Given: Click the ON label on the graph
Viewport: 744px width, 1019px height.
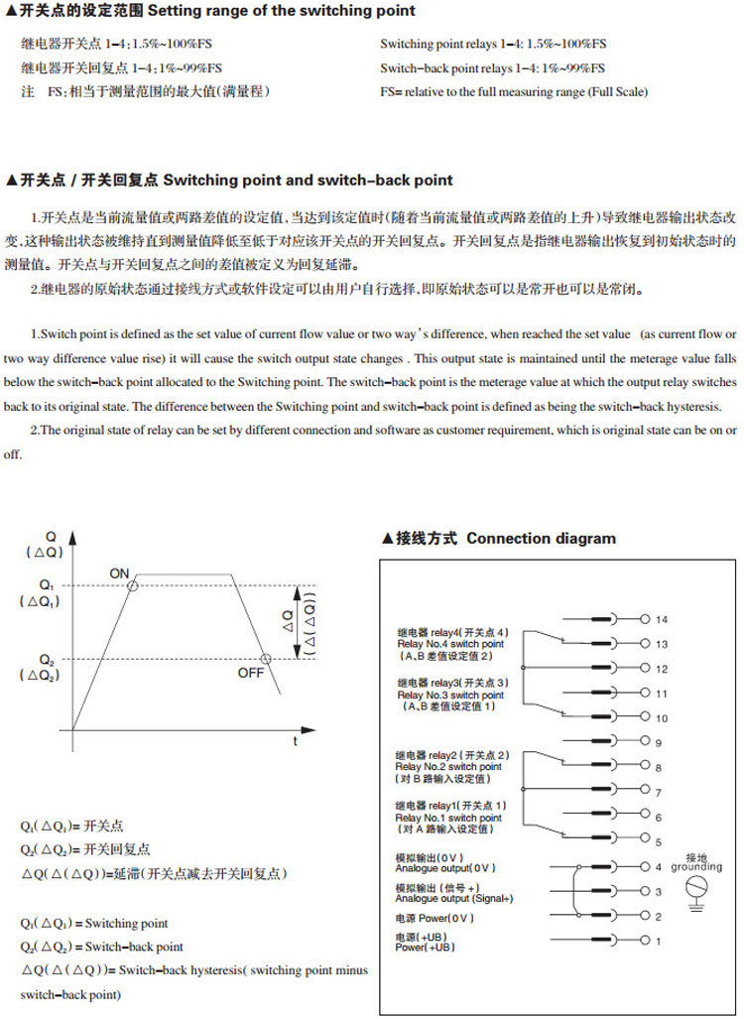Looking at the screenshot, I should click(119, 573).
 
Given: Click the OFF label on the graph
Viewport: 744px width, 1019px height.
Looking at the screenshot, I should click(252, 674).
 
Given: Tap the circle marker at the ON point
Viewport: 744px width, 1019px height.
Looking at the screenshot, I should click(133, 586).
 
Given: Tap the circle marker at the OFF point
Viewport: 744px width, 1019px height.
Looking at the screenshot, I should click(265, 659).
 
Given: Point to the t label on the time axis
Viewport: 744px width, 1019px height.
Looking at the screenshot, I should click(295, 740).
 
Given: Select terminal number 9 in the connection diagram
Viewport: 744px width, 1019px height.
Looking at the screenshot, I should click(658, 742).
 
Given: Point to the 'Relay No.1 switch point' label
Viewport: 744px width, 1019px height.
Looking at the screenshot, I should click(448, 818).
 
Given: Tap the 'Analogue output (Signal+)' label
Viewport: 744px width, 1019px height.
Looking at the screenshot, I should click(454, 898).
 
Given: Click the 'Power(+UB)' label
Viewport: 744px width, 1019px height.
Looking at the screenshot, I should click(426, 948).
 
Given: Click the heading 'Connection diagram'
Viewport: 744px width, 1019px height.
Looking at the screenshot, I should click(541, 539).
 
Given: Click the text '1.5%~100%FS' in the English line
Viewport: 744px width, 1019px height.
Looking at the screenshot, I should click(566, 45).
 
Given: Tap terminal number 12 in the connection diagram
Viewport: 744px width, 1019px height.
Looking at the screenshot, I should click(662, 669).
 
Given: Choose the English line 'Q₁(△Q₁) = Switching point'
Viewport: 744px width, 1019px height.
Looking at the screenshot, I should click(94, 924).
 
